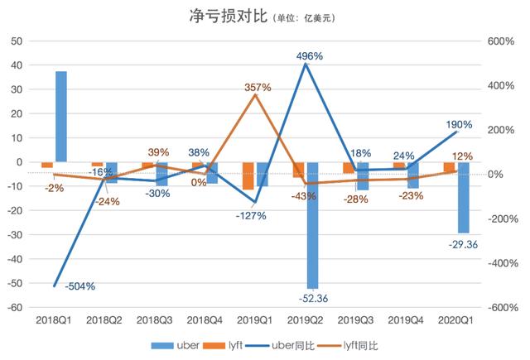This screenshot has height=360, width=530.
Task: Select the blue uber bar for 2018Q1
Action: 61,116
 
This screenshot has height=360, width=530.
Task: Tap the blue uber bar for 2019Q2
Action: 313,223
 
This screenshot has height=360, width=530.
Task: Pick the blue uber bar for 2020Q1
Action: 463,197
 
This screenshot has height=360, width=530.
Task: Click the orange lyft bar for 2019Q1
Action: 248,175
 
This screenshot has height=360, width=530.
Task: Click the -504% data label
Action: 79,286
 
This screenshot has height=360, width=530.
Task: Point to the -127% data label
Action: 248,215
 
